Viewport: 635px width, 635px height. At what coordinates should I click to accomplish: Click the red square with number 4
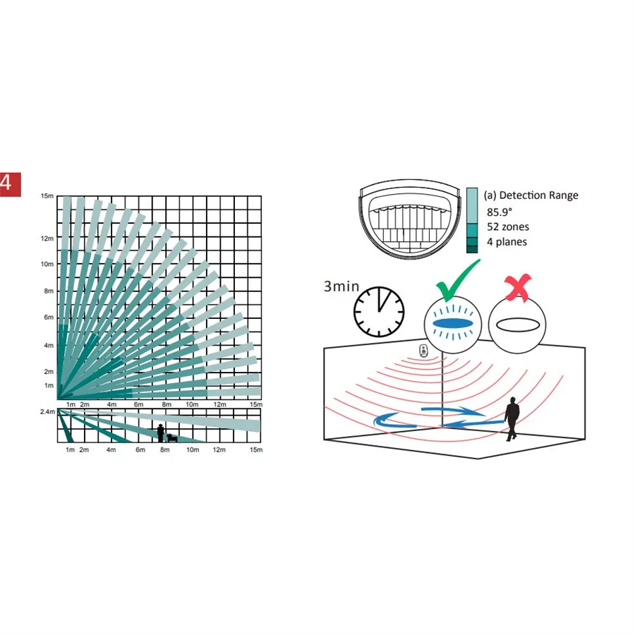[10, 185]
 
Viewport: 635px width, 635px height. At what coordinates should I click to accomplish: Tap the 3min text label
[341, 286]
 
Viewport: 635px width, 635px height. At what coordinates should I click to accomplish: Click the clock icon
[379, 312]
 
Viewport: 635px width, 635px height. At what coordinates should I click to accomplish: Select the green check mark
[458, 280]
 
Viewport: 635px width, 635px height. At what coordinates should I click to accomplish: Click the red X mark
[518, 287]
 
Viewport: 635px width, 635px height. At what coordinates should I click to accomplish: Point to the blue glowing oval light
[453, 323]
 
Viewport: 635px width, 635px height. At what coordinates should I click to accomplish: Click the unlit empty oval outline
[518, 325]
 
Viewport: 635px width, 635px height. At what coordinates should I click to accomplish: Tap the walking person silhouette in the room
[512, 418]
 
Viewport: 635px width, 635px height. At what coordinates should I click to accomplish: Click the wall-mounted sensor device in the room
[423, 351]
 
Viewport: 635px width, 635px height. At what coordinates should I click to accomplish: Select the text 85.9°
[500, 212]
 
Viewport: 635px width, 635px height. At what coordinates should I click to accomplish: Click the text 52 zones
[508, 226]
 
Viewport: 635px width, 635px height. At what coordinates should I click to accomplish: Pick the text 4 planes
[507, 242]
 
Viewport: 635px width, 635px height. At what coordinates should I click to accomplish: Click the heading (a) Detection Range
[531, 195]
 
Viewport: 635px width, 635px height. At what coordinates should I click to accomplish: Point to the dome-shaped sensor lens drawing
[409, 220]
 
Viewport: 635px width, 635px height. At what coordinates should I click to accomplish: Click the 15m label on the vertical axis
[47, 196]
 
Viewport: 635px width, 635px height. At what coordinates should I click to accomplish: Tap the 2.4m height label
[47, 411]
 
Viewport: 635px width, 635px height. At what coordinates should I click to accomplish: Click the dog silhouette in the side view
[172, 437]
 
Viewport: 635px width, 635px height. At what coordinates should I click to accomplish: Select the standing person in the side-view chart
[161, 433]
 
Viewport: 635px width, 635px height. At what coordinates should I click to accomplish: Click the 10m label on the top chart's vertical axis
[47, 264]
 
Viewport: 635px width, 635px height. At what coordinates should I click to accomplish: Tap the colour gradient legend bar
[472, 220]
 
